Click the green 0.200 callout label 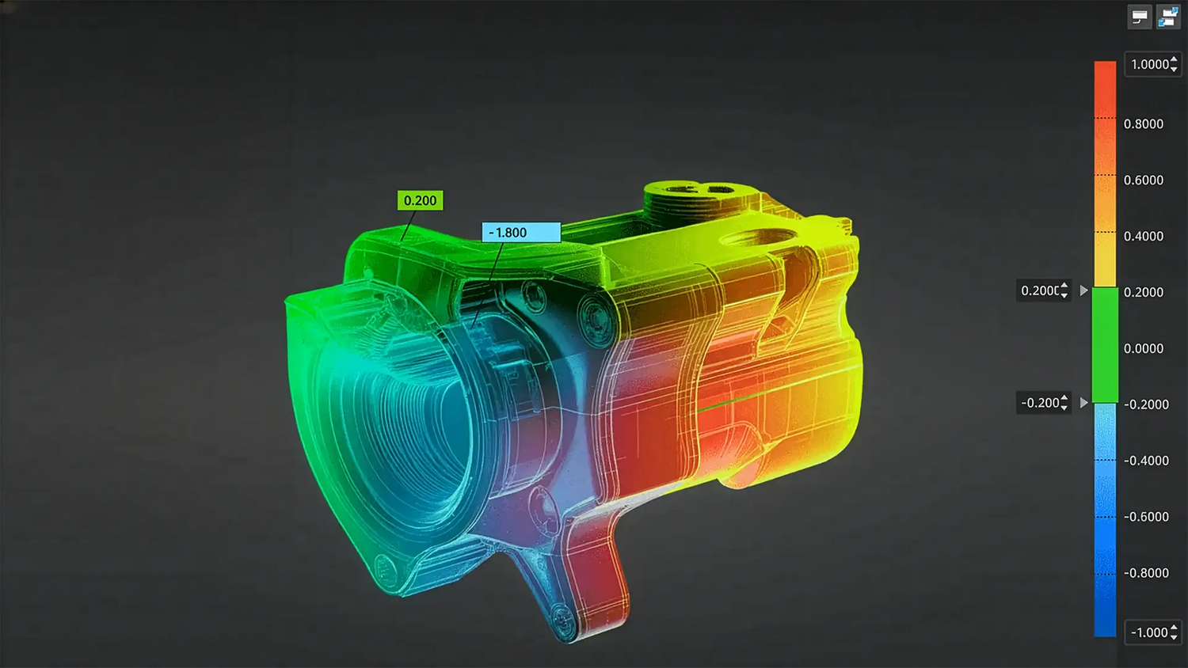tap(420, 200)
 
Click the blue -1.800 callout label tap(521, 232)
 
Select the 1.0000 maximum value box tap(1153, 64)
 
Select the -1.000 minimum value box tap(1153, 632)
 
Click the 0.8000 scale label tap(1144, 124)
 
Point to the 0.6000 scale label tap(1144, 180)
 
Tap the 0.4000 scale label tap(1144, 237)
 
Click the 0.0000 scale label tap(1144, 349)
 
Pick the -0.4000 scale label tap(1146, 461)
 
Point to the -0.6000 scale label tap(1146, 517)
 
